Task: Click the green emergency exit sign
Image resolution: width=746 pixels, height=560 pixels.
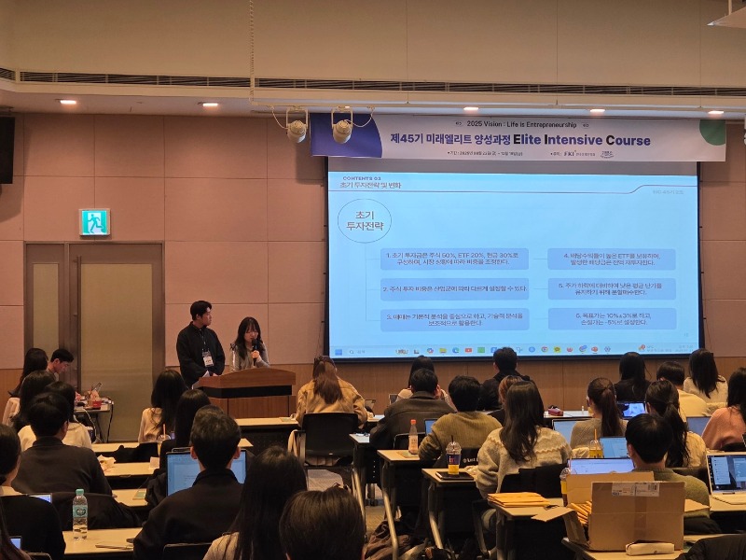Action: (94, 221)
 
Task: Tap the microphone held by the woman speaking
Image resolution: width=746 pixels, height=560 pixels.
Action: (253, 349)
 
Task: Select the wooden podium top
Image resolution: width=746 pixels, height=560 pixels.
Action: (246, 375)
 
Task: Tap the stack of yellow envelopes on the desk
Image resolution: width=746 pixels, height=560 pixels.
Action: (518, 500)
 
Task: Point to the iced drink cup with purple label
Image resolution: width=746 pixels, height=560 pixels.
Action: (453, 456)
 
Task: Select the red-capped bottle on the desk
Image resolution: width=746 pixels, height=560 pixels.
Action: (413, 436)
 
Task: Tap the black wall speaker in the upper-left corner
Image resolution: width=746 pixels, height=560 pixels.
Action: (6, 148)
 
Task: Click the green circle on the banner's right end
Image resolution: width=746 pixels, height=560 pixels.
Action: (712, 132)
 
